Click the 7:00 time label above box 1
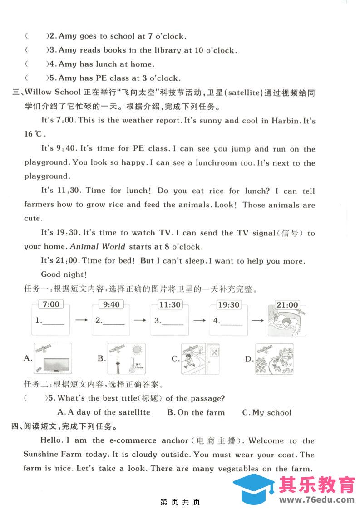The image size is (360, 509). pyautogui.click(x=51, y=304)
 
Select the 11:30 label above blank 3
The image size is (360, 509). pyautogui.click(x=170, y=304)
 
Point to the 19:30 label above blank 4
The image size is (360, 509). pyautogui.click(x=229, y=304)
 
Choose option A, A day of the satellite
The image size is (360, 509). pyautogui.click(x=104, y=412)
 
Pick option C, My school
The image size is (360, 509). pyautogui.click(x=267, y=412)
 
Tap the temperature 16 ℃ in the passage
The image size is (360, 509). pyautogui.click(x=34, y=134)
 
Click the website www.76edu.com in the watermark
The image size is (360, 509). pyautogui.click(x=316, y=499)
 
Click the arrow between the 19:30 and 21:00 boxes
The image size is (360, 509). pyautogui.click(x=258, y=320)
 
